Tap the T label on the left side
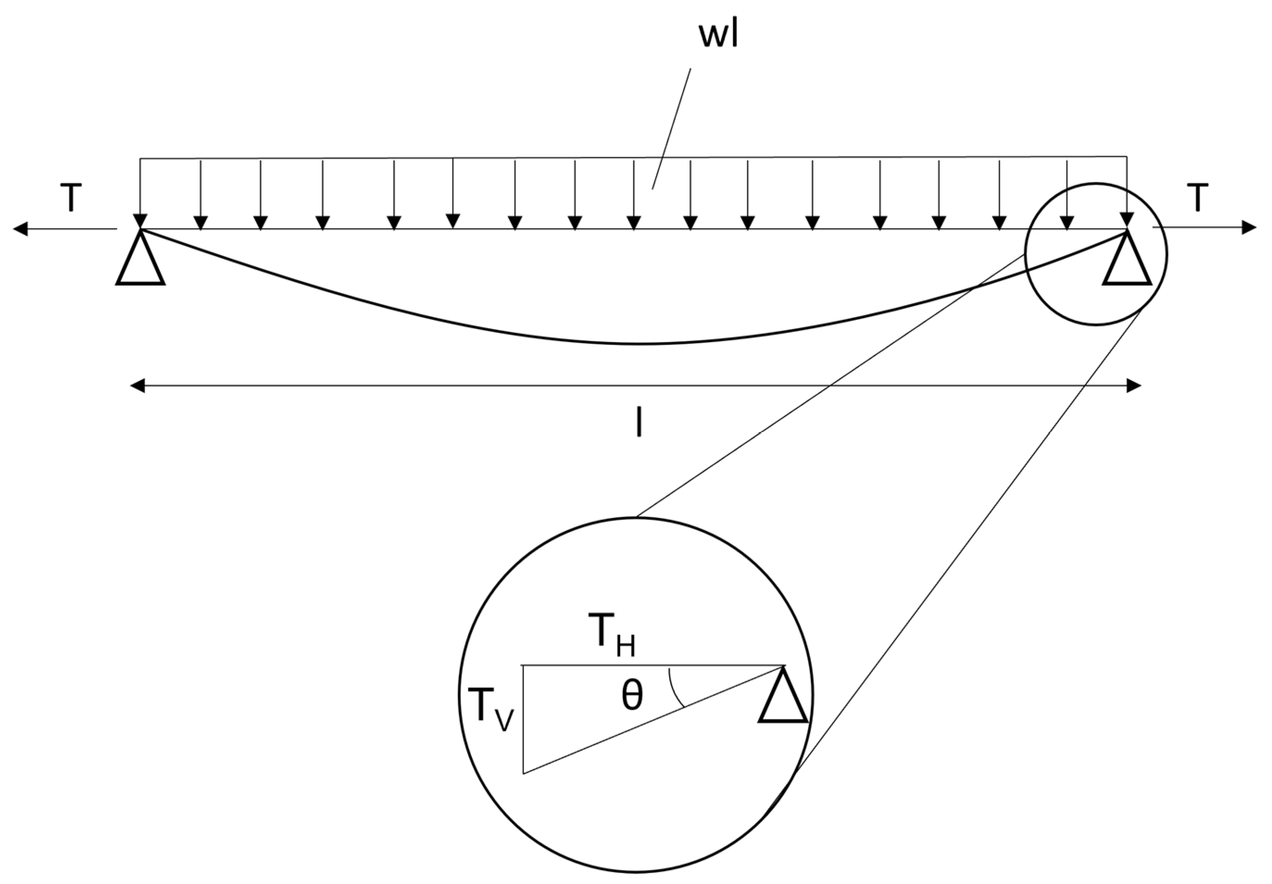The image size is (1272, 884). tap(70, 198)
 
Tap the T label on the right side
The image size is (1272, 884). tap(1197, 198)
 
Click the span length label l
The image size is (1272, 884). tap(639, 424)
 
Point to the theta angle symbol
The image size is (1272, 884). tap(632, 696)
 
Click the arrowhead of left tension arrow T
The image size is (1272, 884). tap(20, 228)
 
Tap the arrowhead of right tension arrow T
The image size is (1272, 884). tap(1249, 228)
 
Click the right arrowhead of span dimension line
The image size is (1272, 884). tap(1134, 386)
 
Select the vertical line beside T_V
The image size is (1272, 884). tap(523, 720)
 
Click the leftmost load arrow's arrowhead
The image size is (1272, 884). tap(140, 221)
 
